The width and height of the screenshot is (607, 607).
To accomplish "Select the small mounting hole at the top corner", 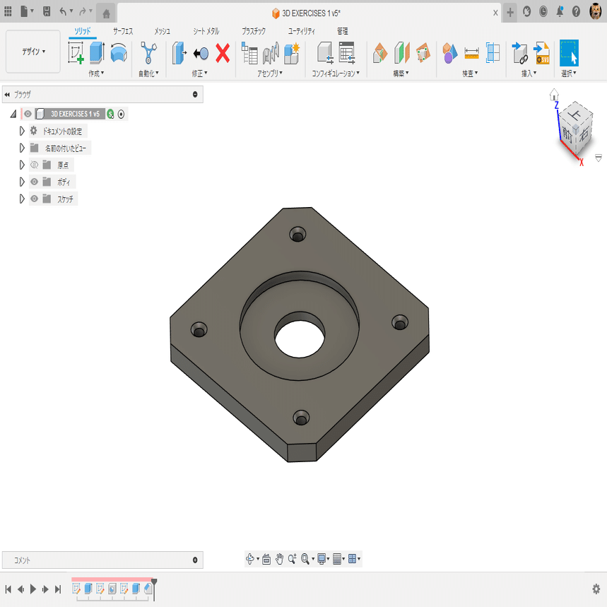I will (x=297, y=234).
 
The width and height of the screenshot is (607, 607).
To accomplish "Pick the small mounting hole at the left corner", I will (x=199, y=329).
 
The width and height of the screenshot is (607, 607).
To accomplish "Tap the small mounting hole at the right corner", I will (x=400, y=322).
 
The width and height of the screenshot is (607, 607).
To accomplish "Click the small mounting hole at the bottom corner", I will (x=302, y=417).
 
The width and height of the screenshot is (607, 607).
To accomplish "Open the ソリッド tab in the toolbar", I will (x=83, y=31).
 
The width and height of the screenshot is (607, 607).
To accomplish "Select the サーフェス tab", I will (x=123, y=31).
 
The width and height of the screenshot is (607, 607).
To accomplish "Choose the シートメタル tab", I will (x=206, y=31).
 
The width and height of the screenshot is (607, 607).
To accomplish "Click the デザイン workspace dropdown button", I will (x=33, y=52).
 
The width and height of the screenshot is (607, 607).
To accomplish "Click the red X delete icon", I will (x=223, y=53).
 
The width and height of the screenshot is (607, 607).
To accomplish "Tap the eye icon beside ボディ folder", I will (x=34, y=182).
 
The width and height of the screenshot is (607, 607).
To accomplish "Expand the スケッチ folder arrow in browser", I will (x=22, y=199).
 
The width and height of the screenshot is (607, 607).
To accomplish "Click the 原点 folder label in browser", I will (x=64, y=165).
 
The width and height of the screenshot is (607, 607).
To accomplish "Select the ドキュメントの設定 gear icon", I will (x=34, y=131).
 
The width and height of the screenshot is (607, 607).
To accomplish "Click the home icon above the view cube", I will (x=554, y=94).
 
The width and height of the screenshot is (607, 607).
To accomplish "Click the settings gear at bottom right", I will (x=596, y=589).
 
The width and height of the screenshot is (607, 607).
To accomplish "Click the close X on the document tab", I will (x=495, y=13).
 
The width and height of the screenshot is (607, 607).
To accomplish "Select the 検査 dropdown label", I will (x=470, y=73).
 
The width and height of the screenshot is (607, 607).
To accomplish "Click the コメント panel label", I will (x=23, y=560).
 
